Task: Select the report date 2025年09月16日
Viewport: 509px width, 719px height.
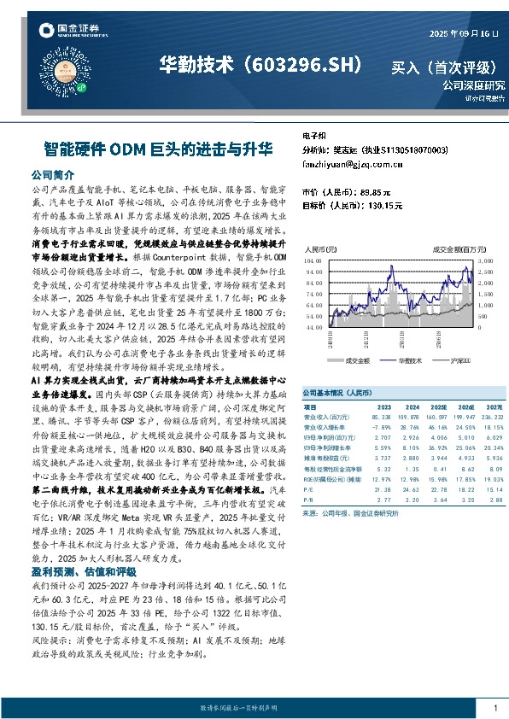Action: click(x=464, y=34)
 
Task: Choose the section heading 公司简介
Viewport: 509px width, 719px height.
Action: click(x=53, y=173)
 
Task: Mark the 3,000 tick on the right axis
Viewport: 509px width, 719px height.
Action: click(x=484, y=260)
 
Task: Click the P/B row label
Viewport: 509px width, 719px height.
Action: click(x=308, y=499)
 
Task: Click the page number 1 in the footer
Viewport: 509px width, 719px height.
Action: click(x=495, y=708)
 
